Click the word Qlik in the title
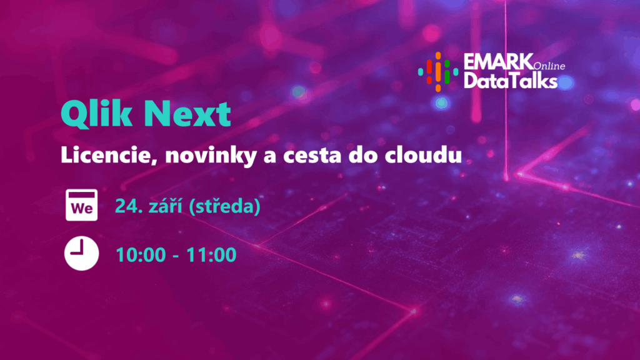(x=96, y=114)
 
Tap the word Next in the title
(x=187, y=114)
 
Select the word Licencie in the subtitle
(x=109, y=156)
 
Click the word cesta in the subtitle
(x=312, y=156)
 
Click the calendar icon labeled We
(x=82, y=205)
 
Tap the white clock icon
(x=82, y=253)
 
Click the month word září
(x=165, y=205)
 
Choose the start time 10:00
(x=141, y=255)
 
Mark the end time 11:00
(x=211, y=255)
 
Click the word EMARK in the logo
(x=498, y=62)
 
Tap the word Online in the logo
(x=549, y=66)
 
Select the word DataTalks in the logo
(x=510, y=81)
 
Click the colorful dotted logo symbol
(x=438, y=72)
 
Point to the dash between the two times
(x=176, y=256)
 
